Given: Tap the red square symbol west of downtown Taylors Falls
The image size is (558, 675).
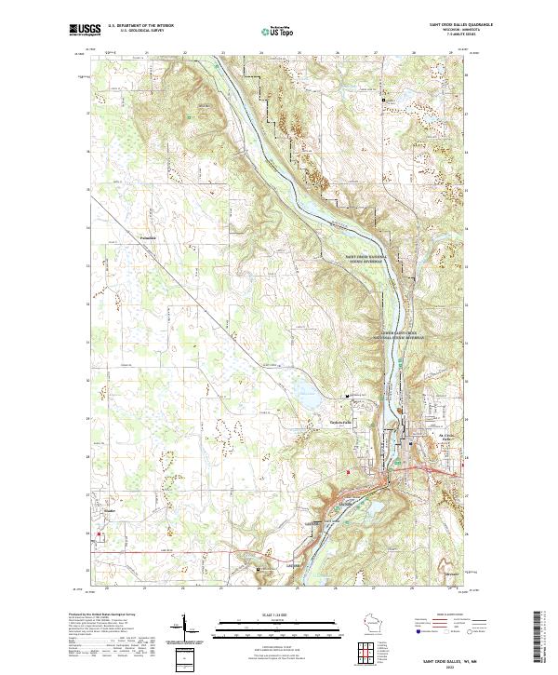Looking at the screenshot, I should point(348,471).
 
